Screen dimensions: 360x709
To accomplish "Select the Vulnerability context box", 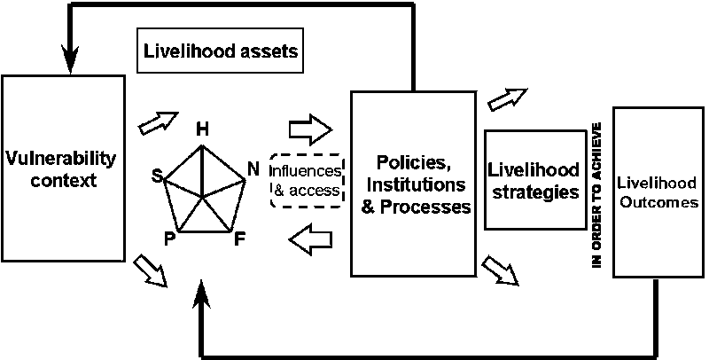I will point(61,168).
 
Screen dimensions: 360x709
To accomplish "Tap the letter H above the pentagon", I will point(202,130).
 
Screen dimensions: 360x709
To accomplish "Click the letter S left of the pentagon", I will point(157,177).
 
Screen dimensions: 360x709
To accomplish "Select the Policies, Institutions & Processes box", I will point(409,184).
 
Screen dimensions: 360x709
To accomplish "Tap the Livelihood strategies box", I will point(534,180).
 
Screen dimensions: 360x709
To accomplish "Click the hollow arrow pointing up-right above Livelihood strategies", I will point(507,98).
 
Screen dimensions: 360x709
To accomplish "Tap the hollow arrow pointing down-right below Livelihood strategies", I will point(503,270).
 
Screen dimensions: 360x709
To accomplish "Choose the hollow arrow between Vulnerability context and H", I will point(160,122).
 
